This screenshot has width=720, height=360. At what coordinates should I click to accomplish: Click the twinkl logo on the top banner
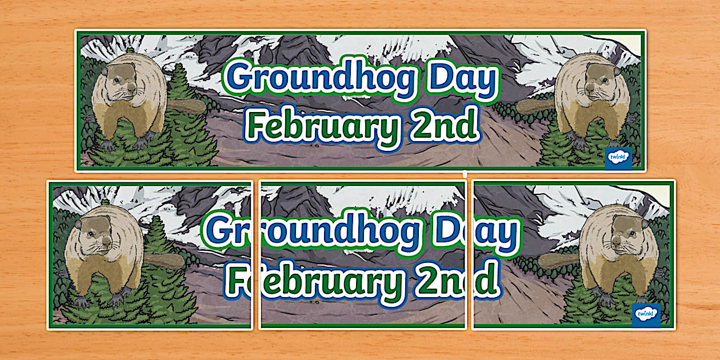618,158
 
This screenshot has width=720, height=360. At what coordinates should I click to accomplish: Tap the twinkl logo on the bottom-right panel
646,315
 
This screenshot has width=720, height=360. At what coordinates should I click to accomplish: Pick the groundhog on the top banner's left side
129,100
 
